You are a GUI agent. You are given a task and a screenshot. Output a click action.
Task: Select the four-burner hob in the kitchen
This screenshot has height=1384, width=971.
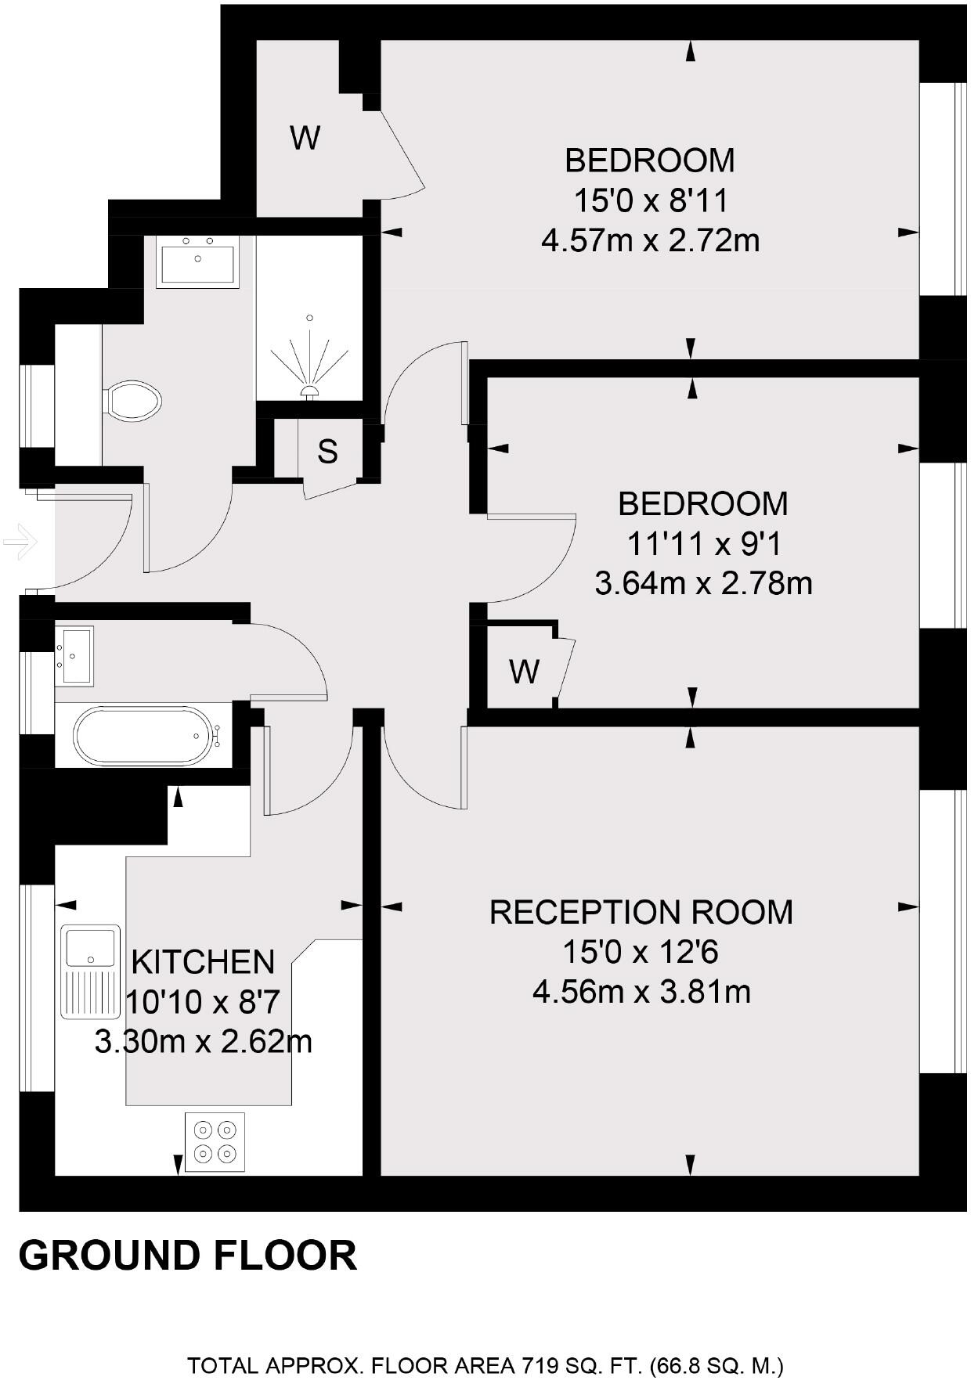point(215,1141)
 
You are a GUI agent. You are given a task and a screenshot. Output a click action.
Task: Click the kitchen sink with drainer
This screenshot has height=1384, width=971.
point(92,971)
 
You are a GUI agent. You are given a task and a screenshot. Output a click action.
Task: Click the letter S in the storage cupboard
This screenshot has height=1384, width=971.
point(327,451)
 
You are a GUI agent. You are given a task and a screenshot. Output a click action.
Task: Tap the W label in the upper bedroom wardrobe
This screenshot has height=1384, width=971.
point(305,138)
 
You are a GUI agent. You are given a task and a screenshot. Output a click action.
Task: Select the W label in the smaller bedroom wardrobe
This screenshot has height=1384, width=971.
point(524,671)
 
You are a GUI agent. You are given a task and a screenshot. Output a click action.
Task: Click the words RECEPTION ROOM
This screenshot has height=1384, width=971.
point(641,912)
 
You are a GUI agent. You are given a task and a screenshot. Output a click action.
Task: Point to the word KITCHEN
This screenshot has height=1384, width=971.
point(203,961)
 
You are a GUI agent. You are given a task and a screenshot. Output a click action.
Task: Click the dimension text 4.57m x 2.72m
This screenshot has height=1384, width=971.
point(651,240)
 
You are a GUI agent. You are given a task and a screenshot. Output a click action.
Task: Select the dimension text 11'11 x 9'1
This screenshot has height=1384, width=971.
point(703,543)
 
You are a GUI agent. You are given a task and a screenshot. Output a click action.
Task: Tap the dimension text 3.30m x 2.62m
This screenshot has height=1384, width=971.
point(204,1041)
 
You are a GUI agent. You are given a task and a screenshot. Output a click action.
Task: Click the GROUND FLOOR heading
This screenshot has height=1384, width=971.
point(188,1255)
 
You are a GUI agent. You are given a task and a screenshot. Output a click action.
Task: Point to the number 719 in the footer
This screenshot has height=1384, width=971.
point(539,1366)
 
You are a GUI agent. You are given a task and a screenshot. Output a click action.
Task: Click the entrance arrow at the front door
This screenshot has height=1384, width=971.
point(20,540)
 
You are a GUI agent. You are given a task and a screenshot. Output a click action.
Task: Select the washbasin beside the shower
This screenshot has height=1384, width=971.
point(197,261)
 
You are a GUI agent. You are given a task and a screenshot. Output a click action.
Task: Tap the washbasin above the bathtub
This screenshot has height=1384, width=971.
point(74,655)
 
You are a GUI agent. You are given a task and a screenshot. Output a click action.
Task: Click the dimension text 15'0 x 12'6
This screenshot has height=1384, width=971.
point(641,952)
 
